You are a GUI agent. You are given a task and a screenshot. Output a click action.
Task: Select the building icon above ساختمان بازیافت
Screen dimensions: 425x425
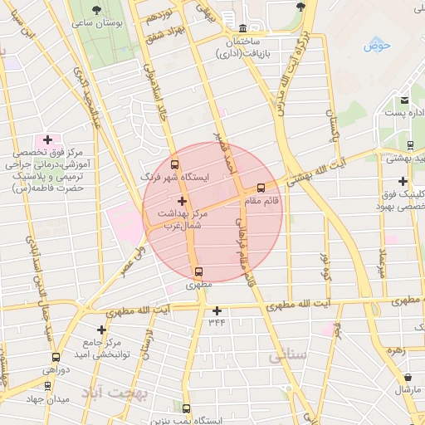tap(242, 27)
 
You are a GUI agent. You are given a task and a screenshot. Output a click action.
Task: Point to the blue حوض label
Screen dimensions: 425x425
tap(376, 45)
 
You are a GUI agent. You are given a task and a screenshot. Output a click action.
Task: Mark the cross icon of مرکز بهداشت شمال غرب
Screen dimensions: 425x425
tap(183, 201)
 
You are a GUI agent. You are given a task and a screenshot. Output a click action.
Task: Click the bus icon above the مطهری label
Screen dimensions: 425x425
tap(198, 271)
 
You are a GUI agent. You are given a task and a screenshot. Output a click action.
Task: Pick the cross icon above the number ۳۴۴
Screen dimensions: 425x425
tap(217, 310)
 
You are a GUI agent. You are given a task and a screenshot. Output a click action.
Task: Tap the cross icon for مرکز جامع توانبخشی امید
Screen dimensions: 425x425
tap(102, 330)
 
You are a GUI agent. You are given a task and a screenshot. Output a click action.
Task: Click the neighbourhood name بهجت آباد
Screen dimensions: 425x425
tap(117, 391)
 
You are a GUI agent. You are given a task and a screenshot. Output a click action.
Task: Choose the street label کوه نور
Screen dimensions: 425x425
tap(325, 262)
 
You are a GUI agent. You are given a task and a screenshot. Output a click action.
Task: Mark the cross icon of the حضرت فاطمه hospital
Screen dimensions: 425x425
tap(47, 139)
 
